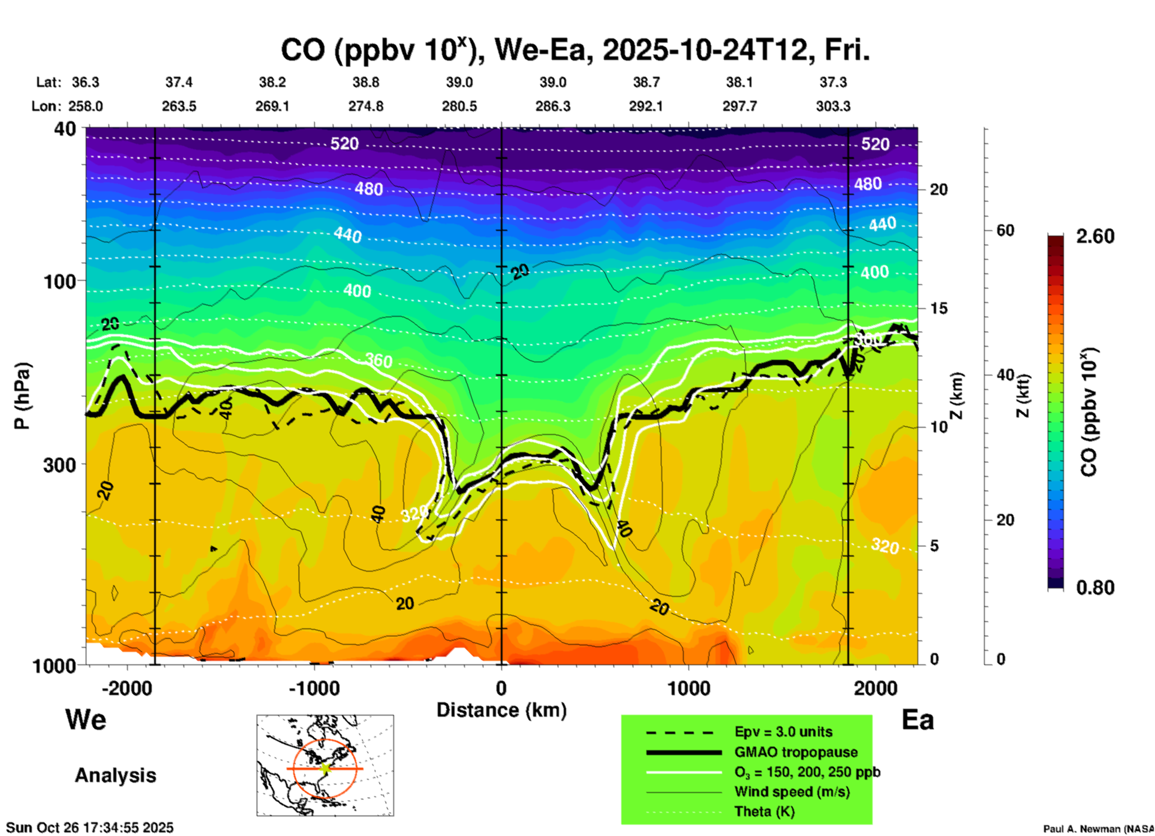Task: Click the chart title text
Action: (x=575, y=50)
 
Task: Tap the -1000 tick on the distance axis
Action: (x=314, y=688)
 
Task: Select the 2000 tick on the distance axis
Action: (x=876, y=688)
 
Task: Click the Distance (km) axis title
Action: (x=501, y=710)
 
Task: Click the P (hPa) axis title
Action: (x=22, y=396)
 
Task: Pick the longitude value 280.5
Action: (x=459, y=106)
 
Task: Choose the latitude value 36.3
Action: (x=86, y=82)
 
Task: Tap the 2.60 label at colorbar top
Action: (x=1095, y=236)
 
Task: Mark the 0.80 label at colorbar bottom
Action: (x=1095, y=588)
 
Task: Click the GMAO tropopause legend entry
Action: (x=796, y=752)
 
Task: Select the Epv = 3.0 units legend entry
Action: (x=783, y=732)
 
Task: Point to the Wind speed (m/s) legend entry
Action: (x=792, y=792)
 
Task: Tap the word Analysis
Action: (x=115, y=775)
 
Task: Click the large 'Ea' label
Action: (x=918, y=720)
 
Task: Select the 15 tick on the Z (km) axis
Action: (x=939, y=308)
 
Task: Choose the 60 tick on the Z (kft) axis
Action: (x=1005, y=230)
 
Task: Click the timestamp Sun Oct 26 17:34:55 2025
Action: (x=90, y=828)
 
